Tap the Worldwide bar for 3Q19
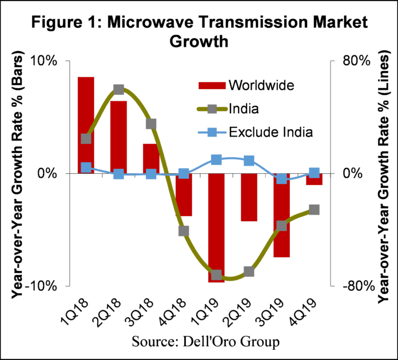click(x=281, y=215)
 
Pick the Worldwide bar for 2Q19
click(x=248, y=197)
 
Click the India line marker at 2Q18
click(x=118, y=90)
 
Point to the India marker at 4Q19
click(x=313, y=210)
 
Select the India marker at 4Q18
click(x=184, y=231)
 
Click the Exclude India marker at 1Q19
click(x=216, y=160)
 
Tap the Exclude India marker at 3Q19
click(x=281, y=179)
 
